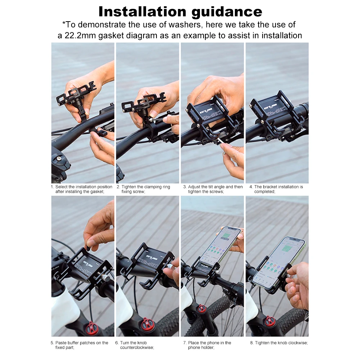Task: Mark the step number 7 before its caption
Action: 184,343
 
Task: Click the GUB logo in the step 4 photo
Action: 272,106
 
